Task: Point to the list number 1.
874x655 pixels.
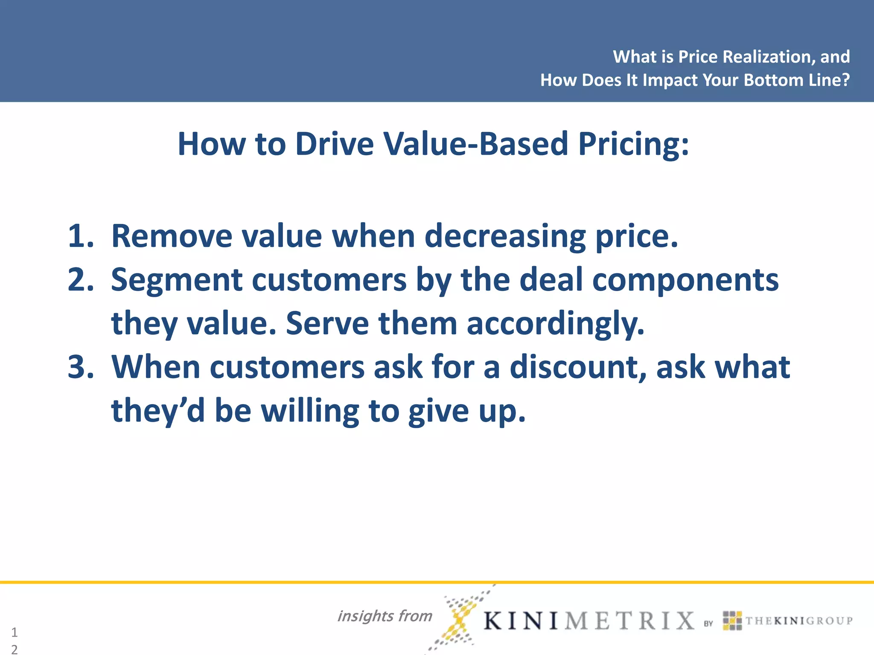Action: click(x=80, y=236)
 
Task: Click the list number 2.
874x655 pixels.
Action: click(x=80, y=280)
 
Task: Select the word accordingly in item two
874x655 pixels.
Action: click(x=555, y=324)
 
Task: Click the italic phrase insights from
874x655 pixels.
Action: click(x=385, y=616)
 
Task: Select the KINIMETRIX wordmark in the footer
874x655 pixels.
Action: click(x=589, y=620)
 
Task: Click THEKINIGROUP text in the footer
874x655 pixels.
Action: click(x=798, y=620)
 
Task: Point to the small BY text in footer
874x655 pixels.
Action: click(x=708, y=623)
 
